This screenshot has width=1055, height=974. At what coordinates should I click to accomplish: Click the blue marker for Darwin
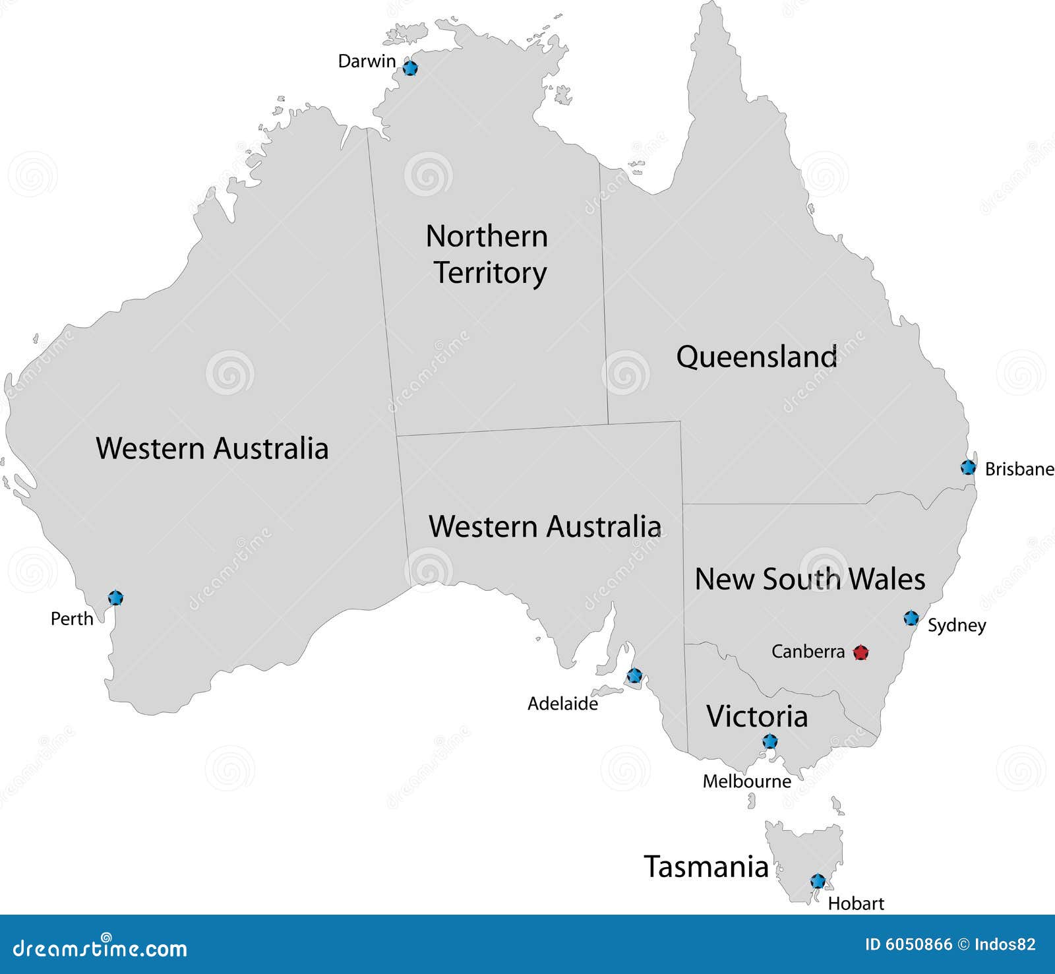[410, 67]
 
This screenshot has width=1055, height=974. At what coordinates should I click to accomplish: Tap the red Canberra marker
[860, 653]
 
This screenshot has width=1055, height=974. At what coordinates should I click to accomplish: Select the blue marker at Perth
[115, 598]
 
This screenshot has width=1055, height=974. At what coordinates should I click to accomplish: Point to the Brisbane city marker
[968, 468]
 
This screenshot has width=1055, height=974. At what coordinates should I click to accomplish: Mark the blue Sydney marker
[911, 618]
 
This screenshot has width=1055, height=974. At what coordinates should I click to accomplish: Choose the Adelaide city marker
[634, 675]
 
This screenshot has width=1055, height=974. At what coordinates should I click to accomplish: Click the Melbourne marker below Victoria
[769, 741]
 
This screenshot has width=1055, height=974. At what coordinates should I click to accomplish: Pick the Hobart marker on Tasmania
[818, 881]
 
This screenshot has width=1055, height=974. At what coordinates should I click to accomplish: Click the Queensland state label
[757, 357]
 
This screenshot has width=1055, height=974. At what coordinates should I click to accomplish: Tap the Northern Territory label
[487, 255]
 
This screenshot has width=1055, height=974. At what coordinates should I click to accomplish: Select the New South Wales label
[810, 579]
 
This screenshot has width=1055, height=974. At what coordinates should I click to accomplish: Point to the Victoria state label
[757, 716]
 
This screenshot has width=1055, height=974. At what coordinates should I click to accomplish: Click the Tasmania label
[706, 867]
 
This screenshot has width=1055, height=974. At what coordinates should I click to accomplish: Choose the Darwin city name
[367, 61]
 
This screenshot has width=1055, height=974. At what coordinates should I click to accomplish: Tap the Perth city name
[72, 619]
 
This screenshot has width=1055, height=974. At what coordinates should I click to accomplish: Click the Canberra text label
[808, 652]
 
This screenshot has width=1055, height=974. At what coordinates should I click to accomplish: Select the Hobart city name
[856, 903]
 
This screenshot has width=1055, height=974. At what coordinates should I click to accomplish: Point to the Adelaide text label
[562, 704]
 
